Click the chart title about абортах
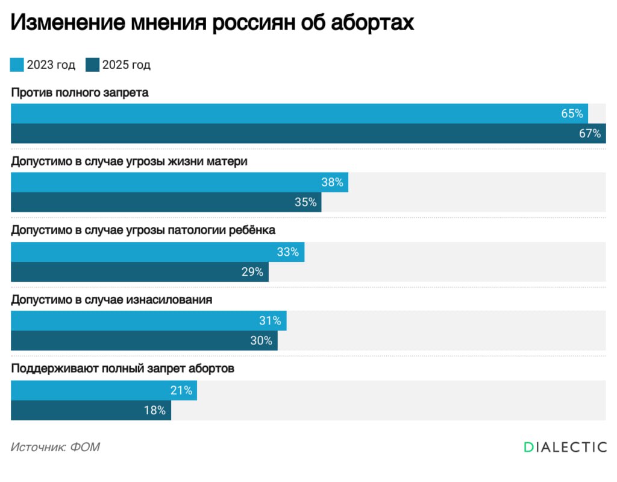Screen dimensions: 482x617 pos(212,22)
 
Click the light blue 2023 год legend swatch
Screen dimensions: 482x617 pos(17,65)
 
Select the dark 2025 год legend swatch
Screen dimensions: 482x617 pos(92,65)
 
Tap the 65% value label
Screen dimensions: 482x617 pos(572,113)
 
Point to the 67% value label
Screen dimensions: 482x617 pos(590,134)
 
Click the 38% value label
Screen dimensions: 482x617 pos(332,182)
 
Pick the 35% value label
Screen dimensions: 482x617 pos(305,203)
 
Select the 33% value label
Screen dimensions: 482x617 pos(288,252)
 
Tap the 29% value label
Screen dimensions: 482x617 pos(252,272)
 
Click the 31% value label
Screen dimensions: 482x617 pos(270,321)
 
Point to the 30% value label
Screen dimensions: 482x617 pos(262,341)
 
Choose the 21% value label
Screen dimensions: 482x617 pos(181,390)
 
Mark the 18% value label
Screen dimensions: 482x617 pos(154,410)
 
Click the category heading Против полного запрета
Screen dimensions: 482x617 pos(80,93)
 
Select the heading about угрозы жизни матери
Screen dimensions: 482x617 pos(130,162)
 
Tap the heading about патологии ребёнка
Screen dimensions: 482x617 pos(143,230)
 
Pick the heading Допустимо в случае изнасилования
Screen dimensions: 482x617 pos(111,299)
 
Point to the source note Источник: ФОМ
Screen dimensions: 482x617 pos(55,447)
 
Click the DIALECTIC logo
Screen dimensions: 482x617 pos(565,447)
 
